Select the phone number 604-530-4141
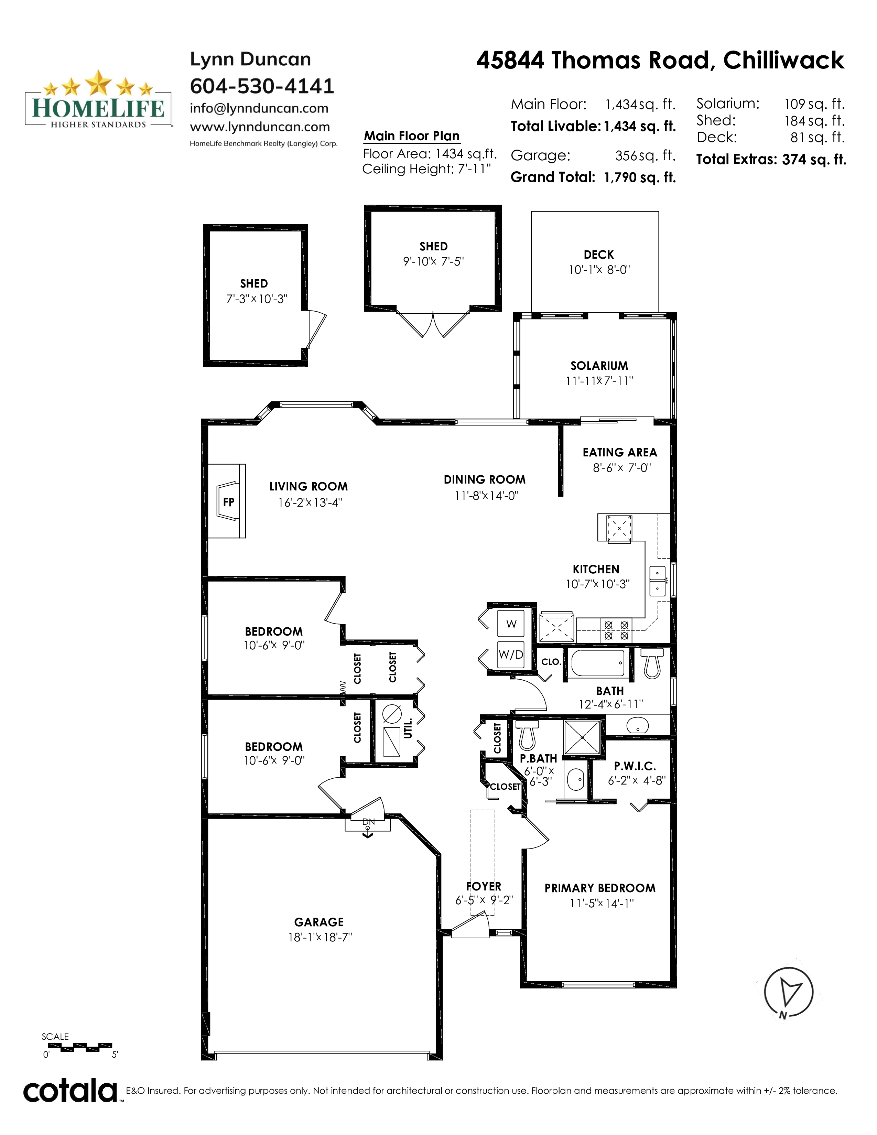coord(262,86)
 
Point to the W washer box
coord(511,624)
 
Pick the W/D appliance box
coord(511,654)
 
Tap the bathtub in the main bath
coord(597,663)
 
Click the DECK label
coord(598,255)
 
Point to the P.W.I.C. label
coord(635,766)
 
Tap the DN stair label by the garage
coord(368,822)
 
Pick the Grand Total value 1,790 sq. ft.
coord(640,178)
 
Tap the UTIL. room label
coord(408,728)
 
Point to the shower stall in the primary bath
coord(582,737)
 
